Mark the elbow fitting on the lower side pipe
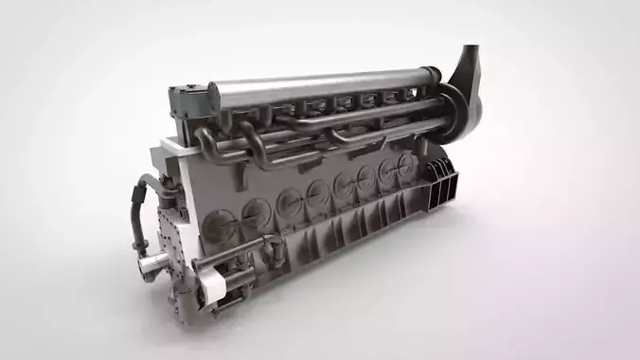click(x=276, y=249)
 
